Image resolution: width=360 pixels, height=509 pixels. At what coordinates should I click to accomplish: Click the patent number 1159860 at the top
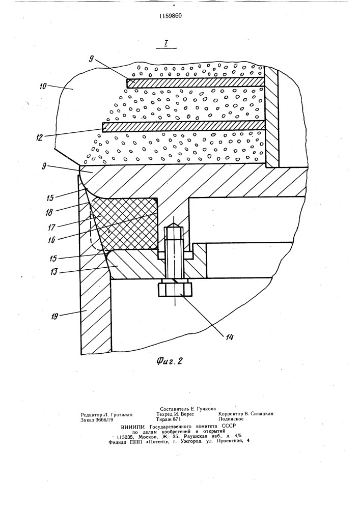171,16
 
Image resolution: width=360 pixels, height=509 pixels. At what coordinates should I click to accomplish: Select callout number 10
43,86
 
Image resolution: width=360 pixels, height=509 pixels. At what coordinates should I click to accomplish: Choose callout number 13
53,271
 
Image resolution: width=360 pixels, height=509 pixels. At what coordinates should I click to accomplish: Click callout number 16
51,240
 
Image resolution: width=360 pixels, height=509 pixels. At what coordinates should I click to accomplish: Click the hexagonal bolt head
175,289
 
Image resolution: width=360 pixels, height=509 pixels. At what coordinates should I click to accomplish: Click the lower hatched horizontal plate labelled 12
183,126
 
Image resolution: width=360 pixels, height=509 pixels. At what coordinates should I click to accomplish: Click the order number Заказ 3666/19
97,419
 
